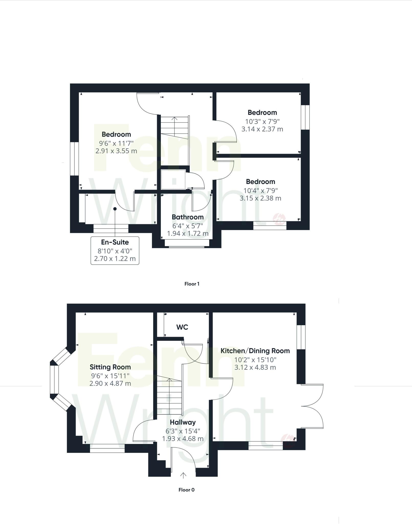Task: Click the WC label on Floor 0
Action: click(x=182, y=327)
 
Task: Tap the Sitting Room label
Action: click(x=110, y=367)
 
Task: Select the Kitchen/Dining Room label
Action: click(x=255, y=351)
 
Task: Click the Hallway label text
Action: click(x=183, y=422)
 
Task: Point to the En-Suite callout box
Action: click(x=115, y=250)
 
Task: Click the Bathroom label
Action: click(x=187, y=217)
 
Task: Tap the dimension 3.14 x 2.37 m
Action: click(x=262, y=129)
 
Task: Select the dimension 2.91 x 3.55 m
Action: click(x=116, y=151)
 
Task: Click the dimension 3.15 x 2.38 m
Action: click(x=260, y=198)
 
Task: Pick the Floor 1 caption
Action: click(x=192, y=284)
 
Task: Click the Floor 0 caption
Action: click(x=186, y=490)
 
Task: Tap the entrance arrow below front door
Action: click(x=183, y=475)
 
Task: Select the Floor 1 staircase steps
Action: click(x=174, y=128)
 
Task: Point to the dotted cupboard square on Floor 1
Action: click(x=173, y=179)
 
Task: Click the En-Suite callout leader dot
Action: click(x=115, y=209)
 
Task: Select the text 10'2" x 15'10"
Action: click(x=255, y=360)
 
